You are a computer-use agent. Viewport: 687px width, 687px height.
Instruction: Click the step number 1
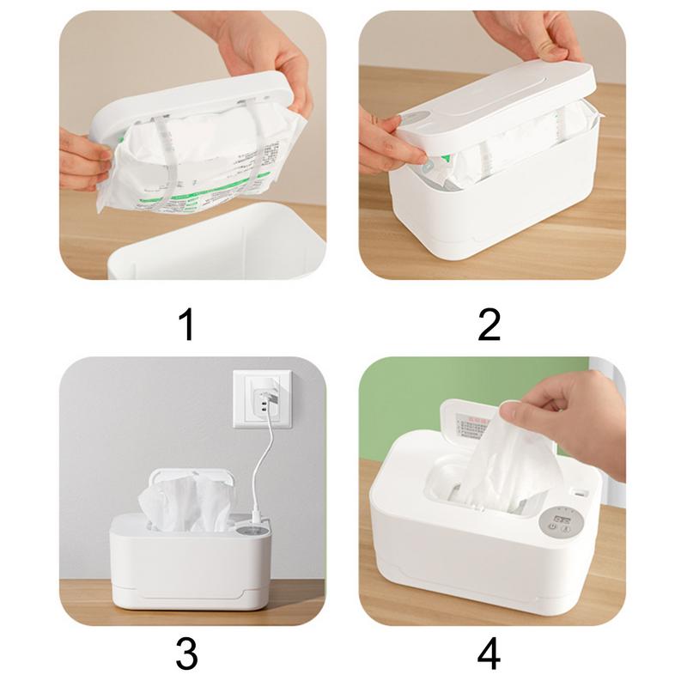185,325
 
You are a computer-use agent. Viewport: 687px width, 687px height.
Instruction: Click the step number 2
489,325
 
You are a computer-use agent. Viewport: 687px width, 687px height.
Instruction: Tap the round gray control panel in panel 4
564,521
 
